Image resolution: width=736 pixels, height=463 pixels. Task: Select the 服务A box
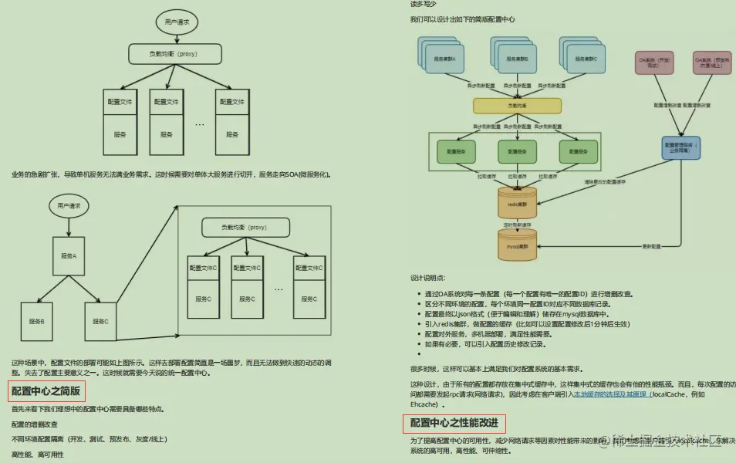click(x=69, y=255)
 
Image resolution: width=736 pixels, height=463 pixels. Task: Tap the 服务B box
click(x=37, y=321)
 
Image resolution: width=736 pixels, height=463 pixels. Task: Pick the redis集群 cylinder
click(x=516, y=203)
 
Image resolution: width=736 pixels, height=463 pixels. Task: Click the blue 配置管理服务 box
click(x=680, y=147)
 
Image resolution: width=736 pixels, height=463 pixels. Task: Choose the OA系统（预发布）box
click(x=711, y=62)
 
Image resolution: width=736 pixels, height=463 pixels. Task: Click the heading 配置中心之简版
click(x=46, y=391)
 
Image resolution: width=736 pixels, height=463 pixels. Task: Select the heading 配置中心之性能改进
click(x=454, y=423)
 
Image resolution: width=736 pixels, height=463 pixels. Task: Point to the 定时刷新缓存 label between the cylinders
click(x=516, y=225)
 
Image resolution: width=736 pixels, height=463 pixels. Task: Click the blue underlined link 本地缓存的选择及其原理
click(x=610, y=394)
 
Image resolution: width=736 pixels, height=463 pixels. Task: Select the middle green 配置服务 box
click(x=516, y=151)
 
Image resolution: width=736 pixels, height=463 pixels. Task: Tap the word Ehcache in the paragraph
click(x=425, y=404)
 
